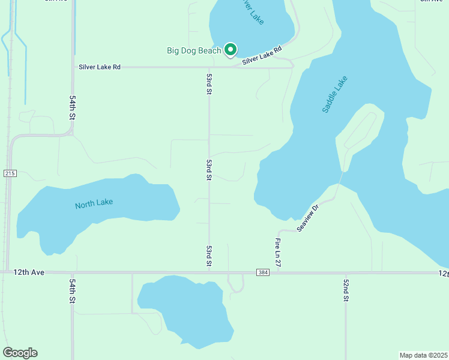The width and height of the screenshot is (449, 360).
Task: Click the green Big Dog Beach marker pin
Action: pyautogui.click(x=231, y=50)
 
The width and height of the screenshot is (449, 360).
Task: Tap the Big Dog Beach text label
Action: pyautogui.click(x=194, y=51)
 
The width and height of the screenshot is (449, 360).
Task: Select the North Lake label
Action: pyautogui.click(x=94, y=204)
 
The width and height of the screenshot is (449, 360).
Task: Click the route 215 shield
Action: pyautogui.click(x=9, y=173)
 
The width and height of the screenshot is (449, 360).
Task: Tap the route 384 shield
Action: pyautogui.click(x=262, y=272)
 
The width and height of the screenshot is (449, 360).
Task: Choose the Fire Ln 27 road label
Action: pyautogui.click(x=278, y=253)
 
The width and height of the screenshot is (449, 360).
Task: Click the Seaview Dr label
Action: pyautogui.click(x=307, y=217)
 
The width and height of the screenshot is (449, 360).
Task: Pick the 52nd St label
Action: pyautogui.click(x=346, y=290)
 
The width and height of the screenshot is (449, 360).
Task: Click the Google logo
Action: pyautogui.click(x=20, y=353)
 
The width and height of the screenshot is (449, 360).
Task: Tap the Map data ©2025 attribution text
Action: pyautogui.click(x=423, y=355)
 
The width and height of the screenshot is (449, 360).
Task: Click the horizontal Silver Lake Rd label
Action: pyautogui.click(x=100, y=67)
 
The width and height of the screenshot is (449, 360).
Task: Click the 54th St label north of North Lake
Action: pyautogui.click(x=73, y=107)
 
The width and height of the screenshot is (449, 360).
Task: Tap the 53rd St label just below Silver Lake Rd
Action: pyautogui.click(x=209, y=85)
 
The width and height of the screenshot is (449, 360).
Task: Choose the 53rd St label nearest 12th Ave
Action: pyautogui.click(x=209, y=256)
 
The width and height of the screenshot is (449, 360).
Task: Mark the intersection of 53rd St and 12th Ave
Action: pyautogui.click(x=209, y=272)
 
